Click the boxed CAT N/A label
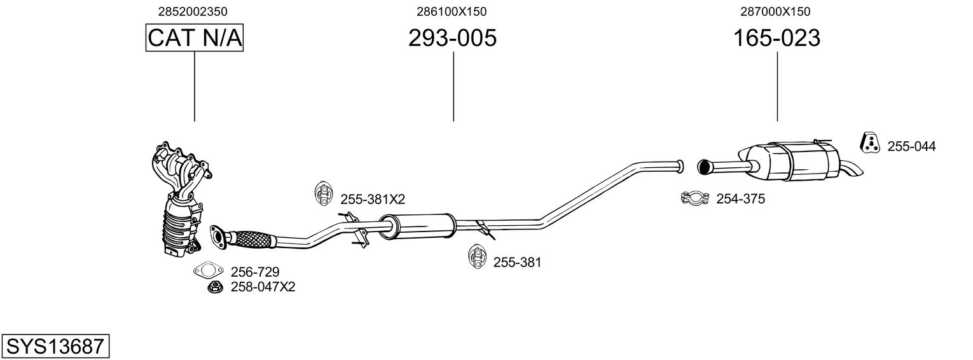195,38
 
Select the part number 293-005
452,38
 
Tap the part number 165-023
776,38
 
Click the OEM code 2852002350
193,11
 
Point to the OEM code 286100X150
452,11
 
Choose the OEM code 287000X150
775,11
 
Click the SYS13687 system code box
55,347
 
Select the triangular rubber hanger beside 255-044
869,144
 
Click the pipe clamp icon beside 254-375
695,199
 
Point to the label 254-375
740,199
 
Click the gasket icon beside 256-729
209,271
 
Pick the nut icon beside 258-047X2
215,287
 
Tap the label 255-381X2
373,199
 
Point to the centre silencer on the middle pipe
417,226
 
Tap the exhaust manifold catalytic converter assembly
180,204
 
